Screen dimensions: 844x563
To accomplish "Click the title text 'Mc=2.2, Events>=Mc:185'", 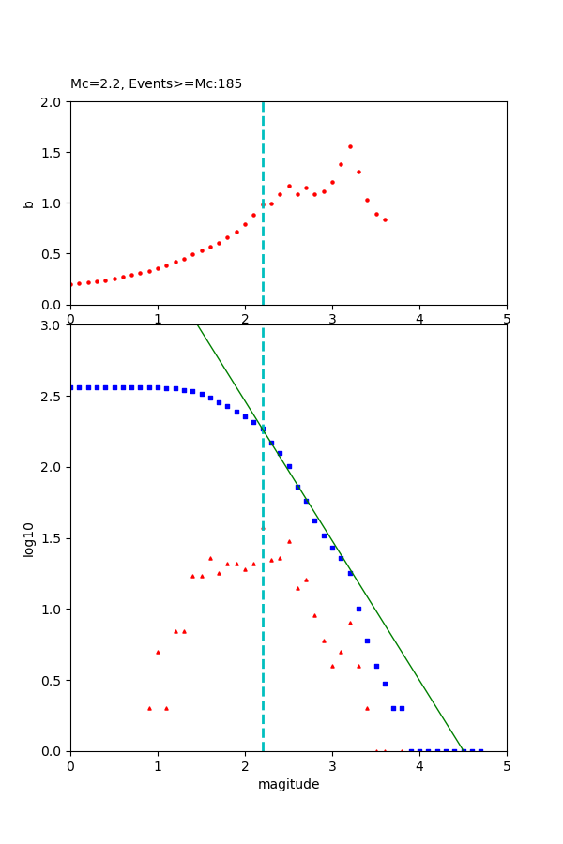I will [x=156, y=83].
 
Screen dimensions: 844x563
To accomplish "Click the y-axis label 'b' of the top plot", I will [x=28, y=203].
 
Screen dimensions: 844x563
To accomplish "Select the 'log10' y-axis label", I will [x=28, y=539].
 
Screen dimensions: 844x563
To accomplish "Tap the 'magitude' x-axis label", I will [x=288, y=784].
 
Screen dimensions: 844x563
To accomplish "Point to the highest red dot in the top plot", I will [x=350, y=146].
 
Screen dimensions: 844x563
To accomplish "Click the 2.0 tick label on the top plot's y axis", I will [x=53, y=102].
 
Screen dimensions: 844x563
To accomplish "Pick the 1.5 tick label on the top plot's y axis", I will [x=53, y=153].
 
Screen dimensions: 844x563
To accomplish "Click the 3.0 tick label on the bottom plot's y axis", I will [x=53, y=325].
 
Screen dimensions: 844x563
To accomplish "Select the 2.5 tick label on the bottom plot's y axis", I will [x=53, y=397].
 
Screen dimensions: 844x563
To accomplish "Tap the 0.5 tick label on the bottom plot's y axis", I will [x=53, y=681].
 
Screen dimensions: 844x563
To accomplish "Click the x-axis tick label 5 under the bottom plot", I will [x=507, y=766].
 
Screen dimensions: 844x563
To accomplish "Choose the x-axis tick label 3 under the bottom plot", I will [x=332, y=766].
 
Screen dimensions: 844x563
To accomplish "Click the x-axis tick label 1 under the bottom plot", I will [x=158, y=766].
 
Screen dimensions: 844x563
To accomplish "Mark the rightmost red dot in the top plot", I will [x=385, y=219].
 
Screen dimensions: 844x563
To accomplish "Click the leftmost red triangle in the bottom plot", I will [x=149, y=708].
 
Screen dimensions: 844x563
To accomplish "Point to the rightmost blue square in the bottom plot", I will [x=480, y=750].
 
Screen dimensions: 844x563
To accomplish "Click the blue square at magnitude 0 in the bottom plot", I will [x=70, y=387].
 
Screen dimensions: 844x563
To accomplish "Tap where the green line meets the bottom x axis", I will [x=464, y=750].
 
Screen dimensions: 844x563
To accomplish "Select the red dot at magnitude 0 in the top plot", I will [x=71, y=284].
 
